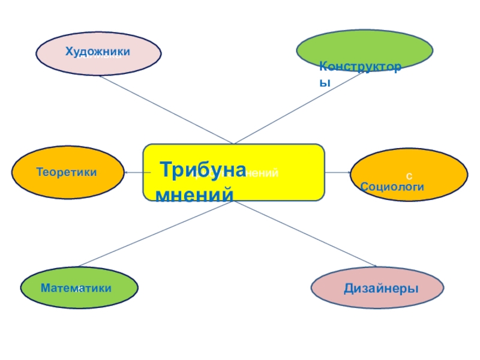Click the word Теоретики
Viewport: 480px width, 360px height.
point(67,172)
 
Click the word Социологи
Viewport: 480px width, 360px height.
point(393,187)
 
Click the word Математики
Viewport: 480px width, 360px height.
point(76,289)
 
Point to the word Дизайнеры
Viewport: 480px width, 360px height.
point(381,289)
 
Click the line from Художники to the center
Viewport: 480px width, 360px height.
point(165,109)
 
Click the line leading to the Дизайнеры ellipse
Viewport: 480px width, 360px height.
point(306,233)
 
